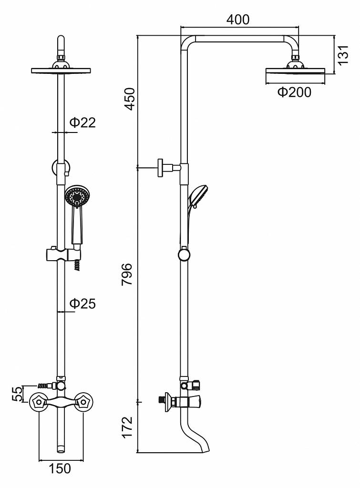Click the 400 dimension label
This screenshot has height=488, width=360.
pos(238,20)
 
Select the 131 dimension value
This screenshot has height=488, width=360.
pos(343,55)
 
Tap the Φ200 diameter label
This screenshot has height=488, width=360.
pos(294,92)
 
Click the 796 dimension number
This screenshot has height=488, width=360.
pos(128,274)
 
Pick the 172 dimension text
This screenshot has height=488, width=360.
pos(128,427)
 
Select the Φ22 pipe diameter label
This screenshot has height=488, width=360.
pos(82,122)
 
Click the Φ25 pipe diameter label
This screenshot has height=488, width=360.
pos(82,303)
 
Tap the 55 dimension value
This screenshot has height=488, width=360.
pos(18,394)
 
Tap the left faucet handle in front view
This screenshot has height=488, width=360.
pos(38,401)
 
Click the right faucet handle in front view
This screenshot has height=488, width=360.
pos(84,401)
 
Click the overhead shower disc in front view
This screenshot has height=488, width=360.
pos(61,71)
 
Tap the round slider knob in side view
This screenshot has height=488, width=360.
pos(184,254)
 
